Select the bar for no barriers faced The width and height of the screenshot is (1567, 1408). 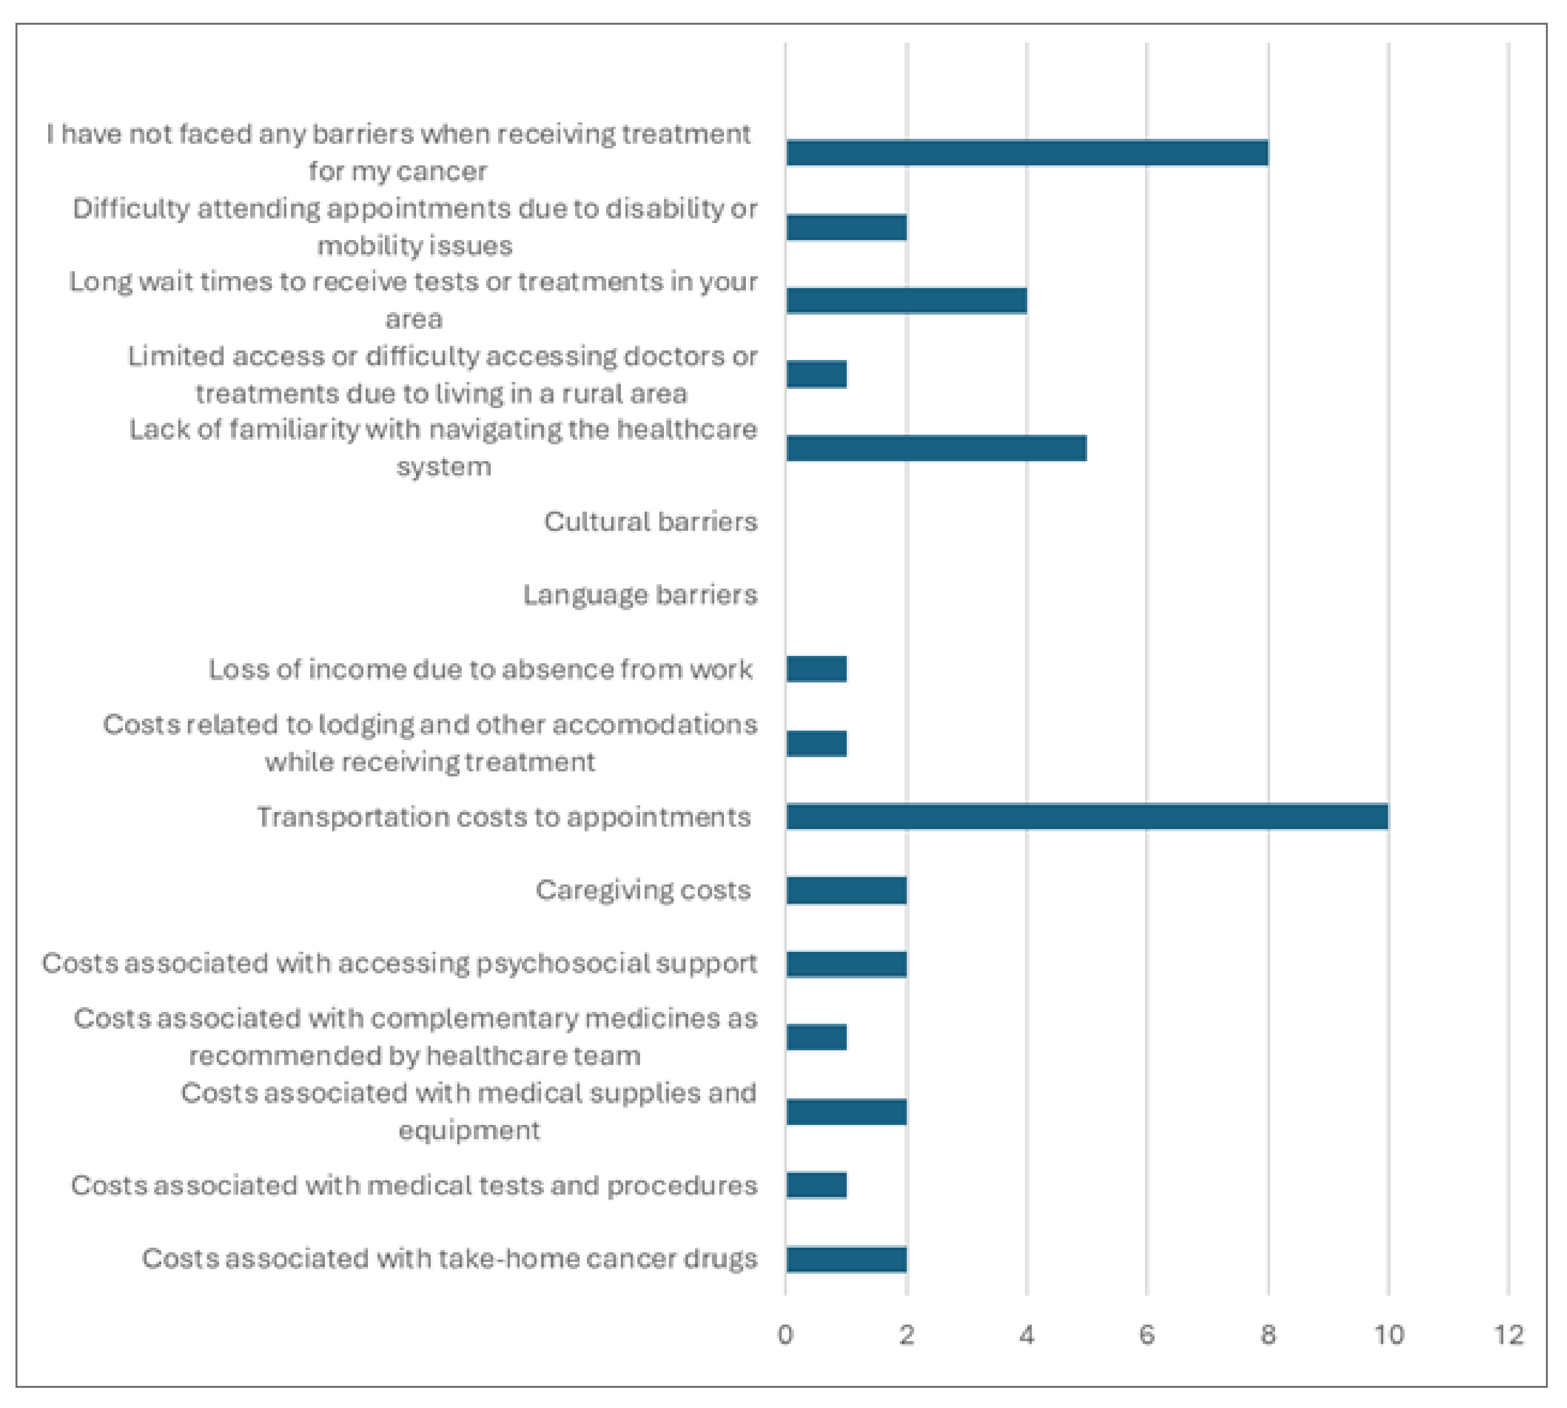[1027, 153]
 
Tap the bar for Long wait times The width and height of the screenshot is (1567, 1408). [906, 300]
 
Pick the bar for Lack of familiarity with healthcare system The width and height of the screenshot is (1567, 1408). [937, 448]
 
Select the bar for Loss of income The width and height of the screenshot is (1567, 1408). [816, 668]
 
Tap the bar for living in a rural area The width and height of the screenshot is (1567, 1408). [816, 374]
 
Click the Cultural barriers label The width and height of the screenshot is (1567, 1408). [650, 521]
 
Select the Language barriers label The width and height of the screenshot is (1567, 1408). [640, 595]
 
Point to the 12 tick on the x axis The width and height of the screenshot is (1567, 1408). [1508, 1335]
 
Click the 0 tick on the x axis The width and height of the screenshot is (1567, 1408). [785, 1335]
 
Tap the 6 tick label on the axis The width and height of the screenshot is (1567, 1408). [1147, 1335]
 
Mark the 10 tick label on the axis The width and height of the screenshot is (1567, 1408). [1388, 1335]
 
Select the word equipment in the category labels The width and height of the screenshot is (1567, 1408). [469, 1130]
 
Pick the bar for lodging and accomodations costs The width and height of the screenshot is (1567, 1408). [816, 743]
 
